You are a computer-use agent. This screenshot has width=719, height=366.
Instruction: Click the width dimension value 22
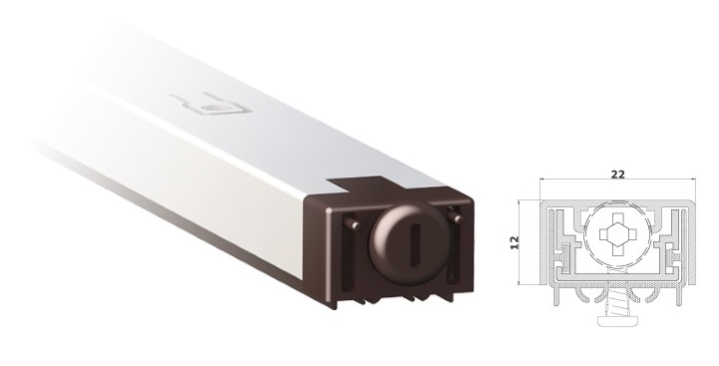[x=617, y=175]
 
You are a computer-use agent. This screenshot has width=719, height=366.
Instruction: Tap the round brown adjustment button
[x=410, y=243]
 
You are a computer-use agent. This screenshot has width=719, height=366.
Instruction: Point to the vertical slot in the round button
[x=416, y=244]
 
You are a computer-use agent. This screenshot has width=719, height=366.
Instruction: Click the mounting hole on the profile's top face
[x=213, y=108]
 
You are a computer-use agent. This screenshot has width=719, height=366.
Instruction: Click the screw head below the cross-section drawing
[x=617, y=320]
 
